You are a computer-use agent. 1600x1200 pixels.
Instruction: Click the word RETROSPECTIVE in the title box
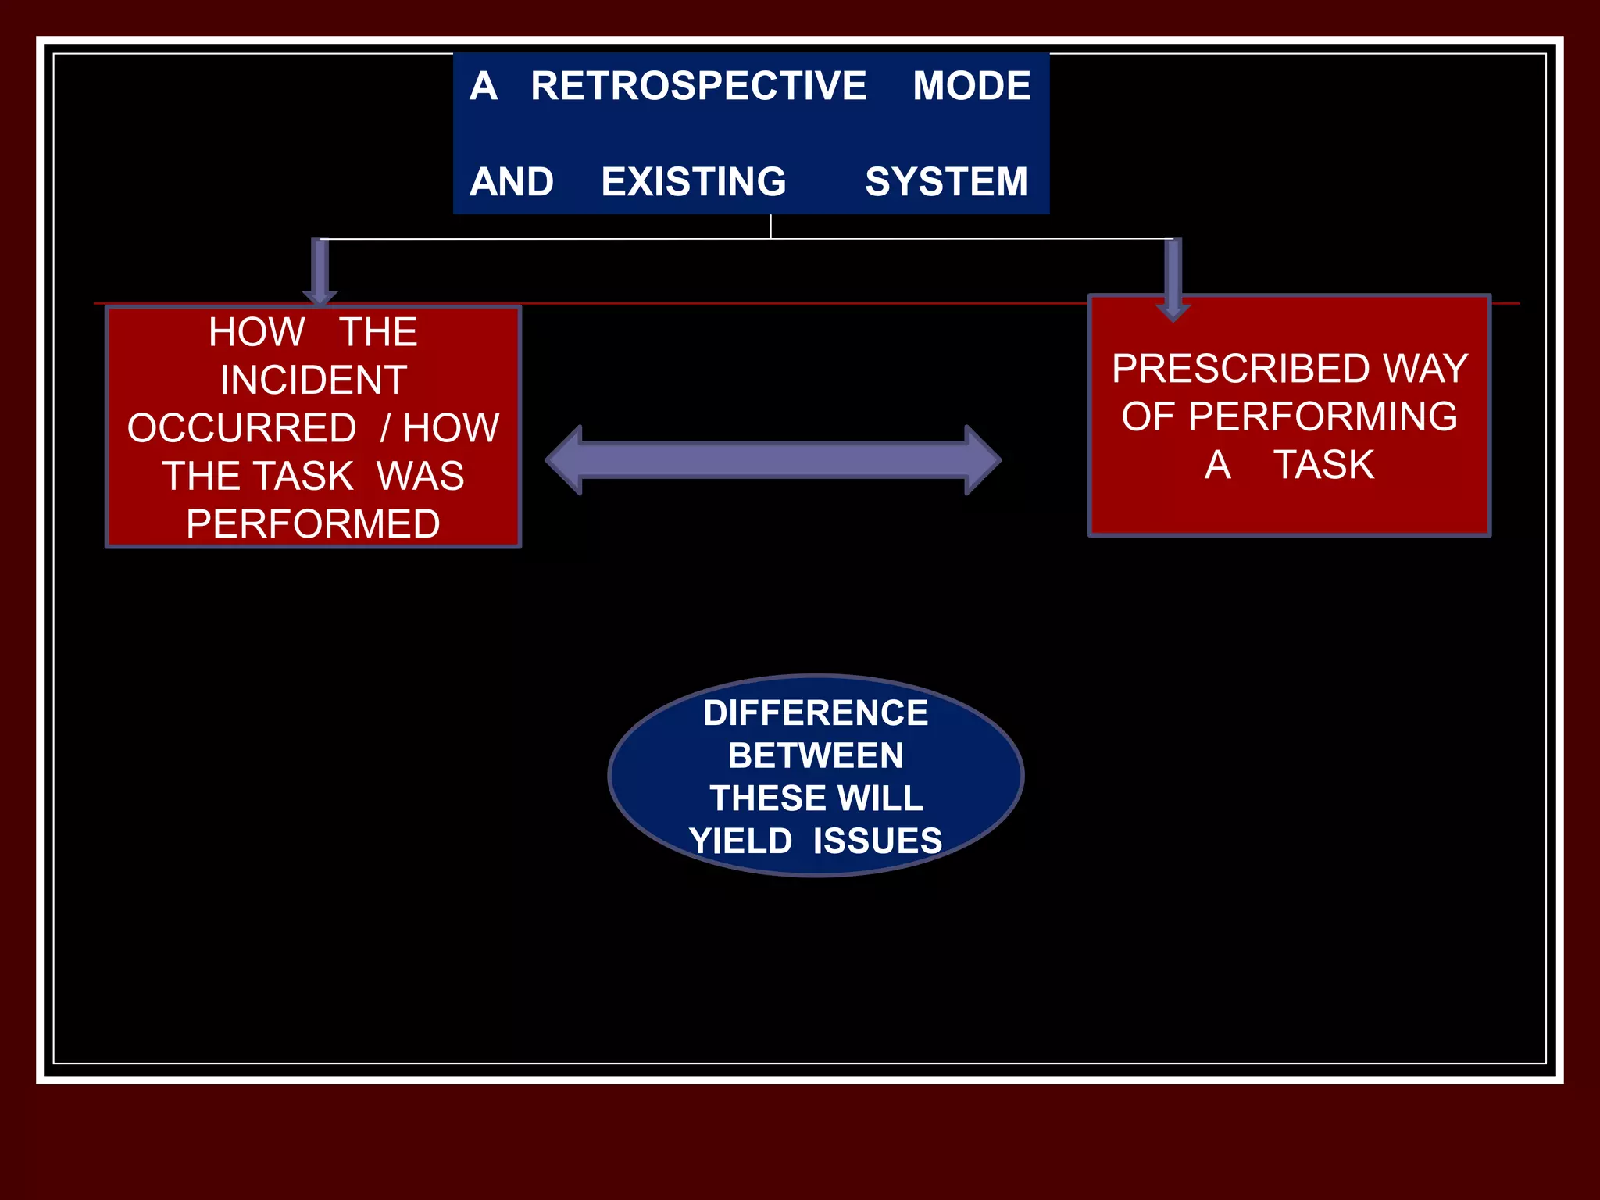point(698,86)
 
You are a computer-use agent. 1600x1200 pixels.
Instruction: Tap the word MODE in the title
point(971,86)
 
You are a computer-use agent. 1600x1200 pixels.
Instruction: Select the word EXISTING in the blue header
point(693,182)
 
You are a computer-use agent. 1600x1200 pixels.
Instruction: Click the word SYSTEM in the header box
point(945,182)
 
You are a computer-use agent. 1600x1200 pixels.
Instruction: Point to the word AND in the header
point(512,182)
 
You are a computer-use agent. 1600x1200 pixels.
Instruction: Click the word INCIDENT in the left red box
point(313,380)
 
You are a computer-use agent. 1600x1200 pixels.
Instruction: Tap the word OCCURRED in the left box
point(241,428)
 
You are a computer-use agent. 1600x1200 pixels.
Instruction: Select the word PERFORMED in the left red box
point(313,523)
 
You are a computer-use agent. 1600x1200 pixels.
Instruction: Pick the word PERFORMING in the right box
point(1322,416)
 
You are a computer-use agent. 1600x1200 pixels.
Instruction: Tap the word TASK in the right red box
point(1323,465)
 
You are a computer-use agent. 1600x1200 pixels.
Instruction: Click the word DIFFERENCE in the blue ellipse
point(816,712)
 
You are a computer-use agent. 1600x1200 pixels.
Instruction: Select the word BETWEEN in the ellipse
point(816,755)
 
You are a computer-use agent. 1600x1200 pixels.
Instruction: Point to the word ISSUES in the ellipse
point(877,841)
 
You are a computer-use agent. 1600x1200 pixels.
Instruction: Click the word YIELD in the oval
point(741,841)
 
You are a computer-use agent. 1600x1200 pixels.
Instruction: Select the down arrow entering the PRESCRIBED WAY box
point(1173,281)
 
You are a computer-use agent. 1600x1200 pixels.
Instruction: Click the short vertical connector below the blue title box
point(770,226)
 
